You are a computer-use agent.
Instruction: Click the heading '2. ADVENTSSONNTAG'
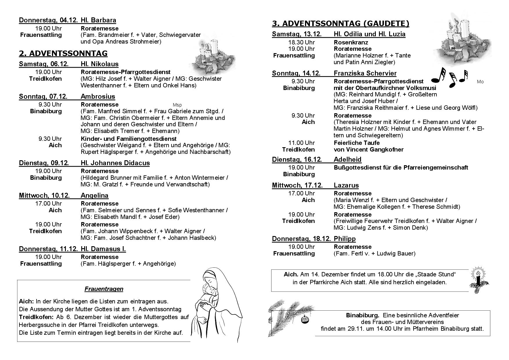pos(63,53)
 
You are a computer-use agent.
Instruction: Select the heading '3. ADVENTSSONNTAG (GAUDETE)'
pos(340,24)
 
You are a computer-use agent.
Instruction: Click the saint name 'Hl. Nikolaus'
pos(100,64)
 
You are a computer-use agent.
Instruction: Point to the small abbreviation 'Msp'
pos(177,105)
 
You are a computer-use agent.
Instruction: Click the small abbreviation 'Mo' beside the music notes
pos(480,82)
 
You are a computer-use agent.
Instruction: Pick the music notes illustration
pos(449,77)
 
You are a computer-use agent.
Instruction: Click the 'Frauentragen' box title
pos(104,289)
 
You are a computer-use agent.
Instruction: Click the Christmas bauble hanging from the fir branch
pos(305,319)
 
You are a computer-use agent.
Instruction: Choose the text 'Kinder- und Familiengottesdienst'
pos(129,139)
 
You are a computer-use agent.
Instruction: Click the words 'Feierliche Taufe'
pos(357,143)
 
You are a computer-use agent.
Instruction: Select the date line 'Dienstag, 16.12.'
pos(297,159)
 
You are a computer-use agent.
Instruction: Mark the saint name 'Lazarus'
pos(346,185)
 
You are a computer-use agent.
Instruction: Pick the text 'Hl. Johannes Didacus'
pos(115,163)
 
